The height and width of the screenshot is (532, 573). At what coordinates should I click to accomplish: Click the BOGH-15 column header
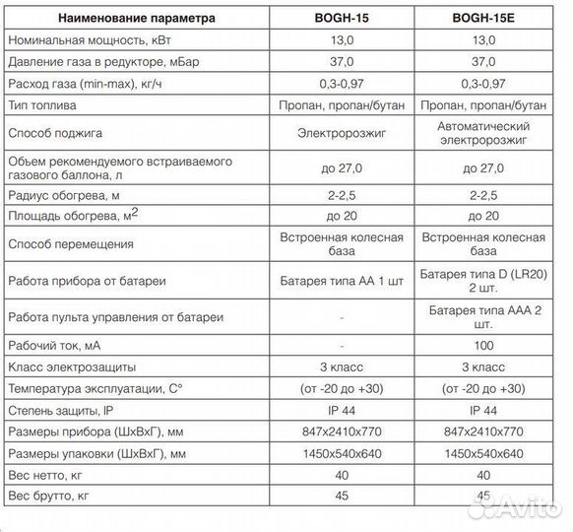pos(340,18)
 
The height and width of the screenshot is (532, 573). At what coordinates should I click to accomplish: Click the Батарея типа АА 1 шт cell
pos(340,280)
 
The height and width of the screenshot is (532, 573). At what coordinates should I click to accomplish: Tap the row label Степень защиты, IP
pos(62,410)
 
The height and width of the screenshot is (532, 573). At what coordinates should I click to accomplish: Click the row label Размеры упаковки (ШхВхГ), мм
pos(96,453)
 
